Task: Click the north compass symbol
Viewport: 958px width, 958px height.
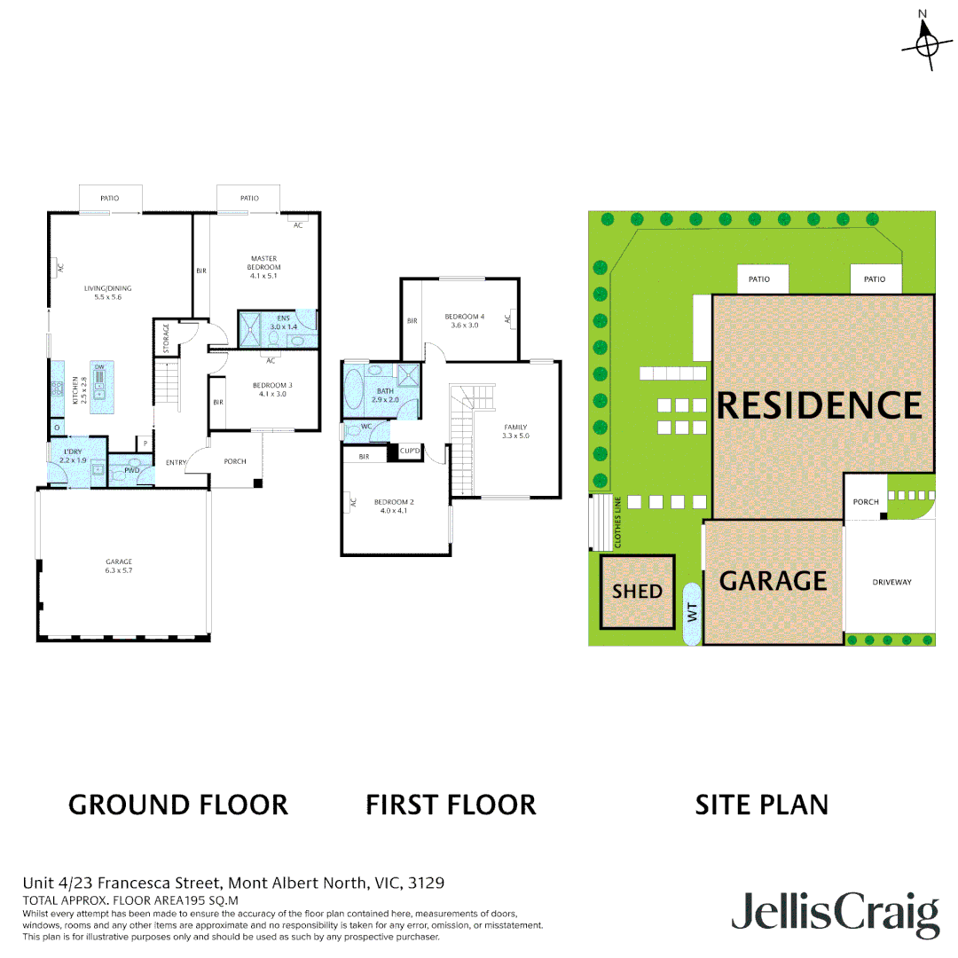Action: coord(926,41)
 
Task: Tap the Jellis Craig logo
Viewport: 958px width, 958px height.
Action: coord(835,914)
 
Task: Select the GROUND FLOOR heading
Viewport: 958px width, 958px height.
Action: coord(178,805)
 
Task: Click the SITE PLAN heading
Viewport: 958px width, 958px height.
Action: coord(761,805)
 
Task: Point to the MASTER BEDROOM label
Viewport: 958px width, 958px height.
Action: coord(264,267)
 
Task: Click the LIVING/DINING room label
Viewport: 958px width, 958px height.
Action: coord(103,293)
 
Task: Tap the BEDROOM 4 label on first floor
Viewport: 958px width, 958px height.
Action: coord(464,320)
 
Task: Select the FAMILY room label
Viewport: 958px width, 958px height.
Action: coord(514,432)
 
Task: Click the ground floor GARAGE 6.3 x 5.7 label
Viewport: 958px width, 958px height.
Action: coord(119,566)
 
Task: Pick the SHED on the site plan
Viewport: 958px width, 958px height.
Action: coord(637,591)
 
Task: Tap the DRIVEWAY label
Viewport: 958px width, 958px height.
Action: coord(891,583)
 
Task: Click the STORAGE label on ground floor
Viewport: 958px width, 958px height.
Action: coord(166,337)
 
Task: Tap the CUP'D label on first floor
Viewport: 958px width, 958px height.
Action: coord(410,452)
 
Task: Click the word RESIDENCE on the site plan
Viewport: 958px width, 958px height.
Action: coord(819,405)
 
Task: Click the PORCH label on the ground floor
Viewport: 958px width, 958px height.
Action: coord(235,461)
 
